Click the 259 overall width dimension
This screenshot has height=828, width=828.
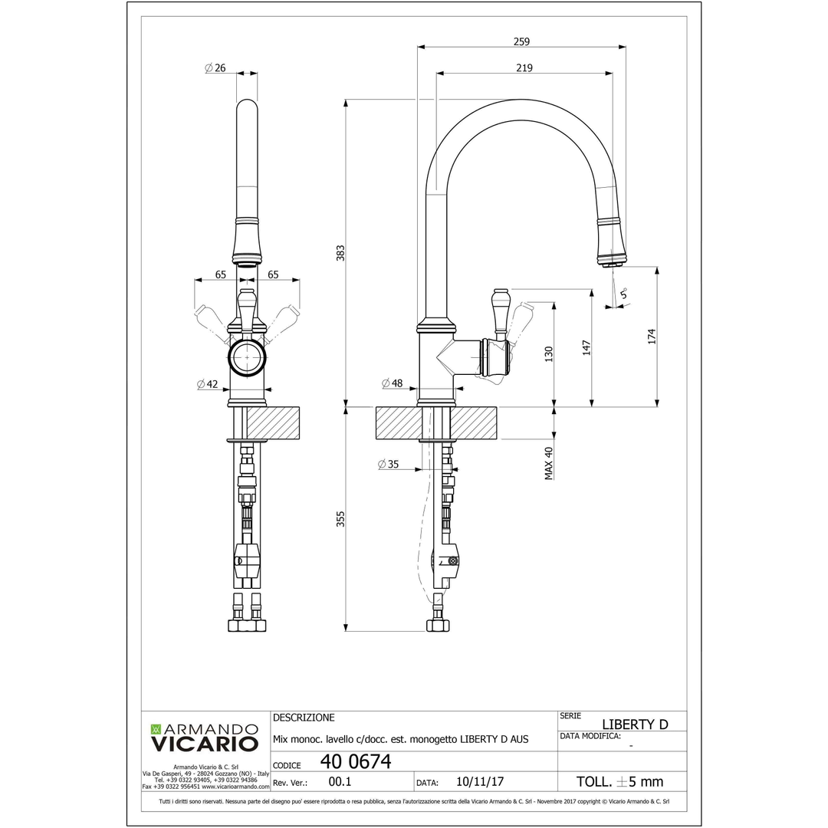tap(522, 41)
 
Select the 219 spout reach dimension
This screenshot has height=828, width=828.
tap(524, 68)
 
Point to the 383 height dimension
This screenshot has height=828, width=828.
tap(340, 253)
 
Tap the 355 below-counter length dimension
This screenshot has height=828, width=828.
tap(340, 519)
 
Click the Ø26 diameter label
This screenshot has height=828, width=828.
tap(215, 68)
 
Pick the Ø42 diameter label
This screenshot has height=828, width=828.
tap(208, 384)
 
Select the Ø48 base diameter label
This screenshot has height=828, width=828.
tap(392, 383)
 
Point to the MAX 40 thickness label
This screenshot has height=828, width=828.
tap(549, 463)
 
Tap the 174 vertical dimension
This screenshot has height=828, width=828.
tap(652, 336)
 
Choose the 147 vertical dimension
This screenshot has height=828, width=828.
tap(586, 347)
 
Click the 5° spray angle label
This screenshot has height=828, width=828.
tap(623, 293)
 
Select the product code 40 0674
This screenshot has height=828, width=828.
tap(356, 761)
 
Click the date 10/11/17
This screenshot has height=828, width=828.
tap(479, 782)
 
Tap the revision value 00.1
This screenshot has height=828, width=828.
tap(340, 782)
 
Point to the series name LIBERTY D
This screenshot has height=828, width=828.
tap(635, 724)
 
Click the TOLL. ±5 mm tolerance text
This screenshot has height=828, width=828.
tap(619, 782)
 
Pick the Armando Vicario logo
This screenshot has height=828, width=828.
tap(204, 737)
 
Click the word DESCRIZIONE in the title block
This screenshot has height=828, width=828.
tap(304, 718)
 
